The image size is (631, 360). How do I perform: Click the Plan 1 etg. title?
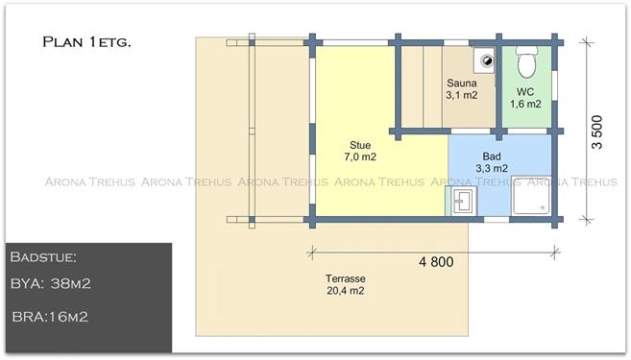86,42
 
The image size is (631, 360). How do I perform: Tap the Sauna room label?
462,84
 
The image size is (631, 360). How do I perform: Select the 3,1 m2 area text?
462,95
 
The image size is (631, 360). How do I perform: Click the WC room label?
525,92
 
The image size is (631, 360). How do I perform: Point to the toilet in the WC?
526,61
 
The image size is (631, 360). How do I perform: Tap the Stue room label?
360,145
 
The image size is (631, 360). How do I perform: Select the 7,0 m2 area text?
360,156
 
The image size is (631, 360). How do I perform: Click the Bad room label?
492,156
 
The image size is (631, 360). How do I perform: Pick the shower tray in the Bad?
531,196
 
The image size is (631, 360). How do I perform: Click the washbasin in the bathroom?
463,201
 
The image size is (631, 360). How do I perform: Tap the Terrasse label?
346,278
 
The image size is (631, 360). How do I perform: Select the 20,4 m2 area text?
346,291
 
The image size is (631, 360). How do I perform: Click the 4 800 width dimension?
436,262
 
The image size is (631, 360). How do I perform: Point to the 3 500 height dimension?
597,132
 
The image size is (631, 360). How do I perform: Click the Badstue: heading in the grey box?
43,257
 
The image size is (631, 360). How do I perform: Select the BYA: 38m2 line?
51,283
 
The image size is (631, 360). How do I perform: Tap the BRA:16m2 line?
50,317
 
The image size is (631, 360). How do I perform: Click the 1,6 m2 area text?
525,104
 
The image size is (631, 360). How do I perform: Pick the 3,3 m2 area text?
492,168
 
